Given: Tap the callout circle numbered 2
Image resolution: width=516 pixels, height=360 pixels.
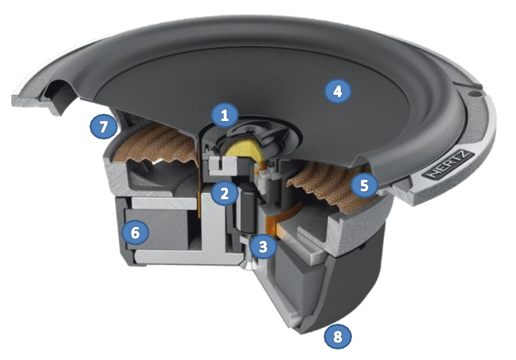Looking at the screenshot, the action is [x=225, y=193].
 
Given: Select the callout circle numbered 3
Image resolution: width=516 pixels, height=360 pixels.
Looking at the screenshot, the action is [x=263, y=246].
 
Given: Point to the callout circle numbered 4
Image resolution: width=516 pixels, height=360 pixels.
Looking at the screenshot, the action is [x=337, y=91].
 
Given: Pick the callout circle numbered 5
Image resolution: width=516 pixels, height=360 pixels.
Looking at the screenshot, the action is [x=364, y=186].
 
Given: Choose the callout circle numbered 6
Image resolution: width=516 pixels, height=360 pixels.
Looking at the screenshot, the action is [x=135, y=232].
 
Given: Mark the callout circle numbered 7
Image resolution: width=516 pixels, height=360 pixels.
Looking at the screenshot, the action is [x=104, y=127].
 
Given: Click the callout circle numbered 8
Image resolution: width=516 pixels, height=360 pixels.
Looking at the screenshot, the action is [x=338, y=336].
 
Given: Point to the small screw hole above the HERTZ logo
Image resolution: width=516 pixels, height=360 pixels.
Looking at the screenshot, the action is [x=474, y=93].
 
